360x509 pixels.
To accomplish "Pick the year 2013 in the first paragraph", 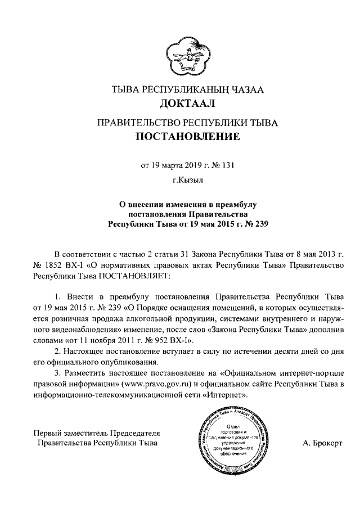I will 322,252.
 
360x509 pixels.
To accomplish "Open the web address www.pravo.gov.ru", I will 161,384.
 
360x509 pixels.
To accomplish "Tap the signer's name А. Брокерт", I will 322,443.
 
